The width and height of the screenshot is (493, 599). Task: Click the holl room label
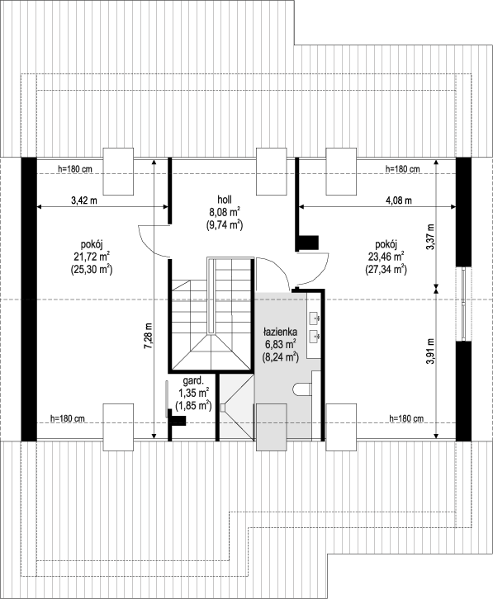click(x=225, y=199)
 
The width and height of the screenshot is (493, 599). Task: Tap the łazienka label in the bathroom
click(x=280, y=332)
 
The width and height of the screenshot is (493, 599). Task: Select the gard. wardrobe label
click(x=193, y=380)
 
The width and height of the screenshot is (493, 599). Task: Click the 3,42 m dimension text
click(x=84, y=200)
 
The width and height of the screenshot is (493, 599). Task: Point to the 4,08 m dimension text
click(x=399, y=200)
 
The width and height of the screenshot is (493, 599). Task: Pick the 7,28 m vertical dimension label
click(x=149, y=336)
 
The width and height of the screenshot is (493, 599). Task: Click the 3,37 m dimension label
click(x=431, y=237)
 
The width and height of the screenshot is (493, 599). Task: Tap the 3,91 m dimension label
click(x=431, y=351)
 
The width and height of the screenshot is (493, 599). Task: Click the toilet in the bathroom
click(x=302, y=389)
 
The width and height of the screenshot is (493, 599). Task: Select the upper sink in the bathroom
click(x=315, y=317)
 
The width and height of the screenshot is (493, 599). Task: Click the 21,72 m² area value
click(x=91, y=257)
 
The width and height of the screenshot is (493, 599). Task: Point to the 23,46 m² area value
click(x=386, y=257)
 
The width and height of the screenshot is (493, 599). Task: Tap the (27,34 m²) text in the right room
click(x=386, y=269)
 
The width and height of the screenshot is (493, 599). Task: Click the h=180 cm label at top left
click(x=75, y=168)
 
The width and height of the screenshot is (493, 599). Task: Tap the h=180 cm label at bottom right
click(x=406, y=418)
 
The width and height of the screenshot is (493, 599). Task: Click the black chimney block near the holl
click(x=309, y=243)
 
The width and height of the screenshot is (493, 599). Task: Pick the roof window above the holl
click(x=271, y=172)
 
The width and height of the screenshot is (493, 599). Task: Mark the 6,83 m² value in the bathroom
click(x=280, y=344)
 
